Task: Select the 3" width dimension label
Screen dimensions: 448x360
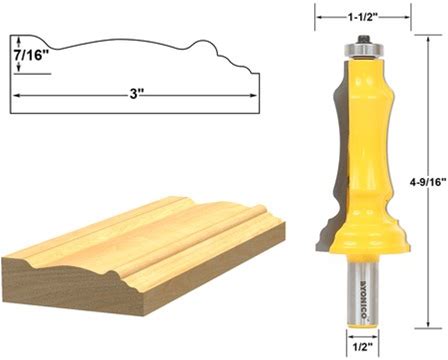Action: tap(134, 95)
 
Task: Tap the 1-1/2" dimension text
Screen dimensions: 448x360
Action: tap(363, 17)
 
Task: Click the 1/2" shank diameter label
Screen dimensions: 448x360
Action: tap(362, 347)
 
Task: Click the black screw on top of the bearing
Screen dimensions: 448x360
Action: tap(363, 39)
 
